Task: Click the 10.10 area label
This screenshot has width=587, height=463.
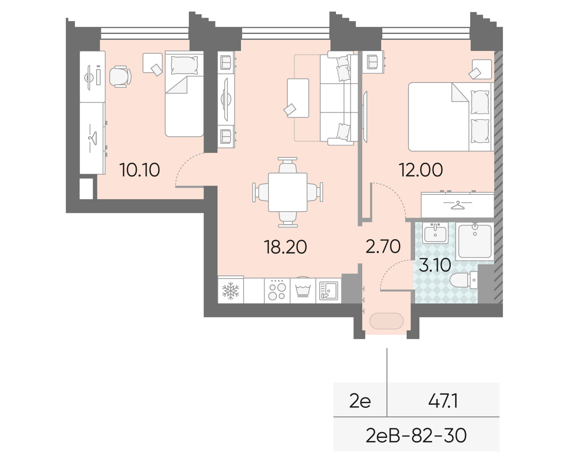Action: tap(140, 170)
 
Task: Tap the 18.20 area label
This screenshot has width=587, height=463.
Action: tap(285, 247)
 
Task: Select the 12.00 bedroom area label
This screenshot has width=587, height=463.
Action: tap(421, 170)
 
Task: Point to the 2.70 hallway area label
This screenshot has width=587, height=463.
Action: tap(383, 246)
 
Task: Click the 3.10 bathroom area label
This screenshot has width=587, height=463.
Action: tap(435, 265)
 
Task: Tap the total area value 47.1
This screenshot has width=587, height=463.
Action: tap(443, 401)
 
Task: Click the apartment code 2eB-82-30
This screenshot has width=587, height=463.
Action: tap(416, 436)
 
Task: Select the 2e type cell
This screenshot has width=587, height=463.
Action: tap(360, 401)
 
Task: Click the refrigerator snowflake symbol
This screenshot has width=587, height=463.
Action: tap(231, 291)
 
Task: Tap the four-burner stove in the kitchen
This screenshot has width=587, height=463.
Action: tap(277, 291)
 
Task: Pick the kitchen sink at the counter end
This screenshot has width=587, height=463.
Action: tap(328, 291)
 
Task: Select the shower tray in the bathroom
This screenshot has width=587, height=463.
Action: tap(475, 241)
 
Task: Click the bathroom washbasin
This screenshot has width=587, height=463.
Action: tap(435, 233)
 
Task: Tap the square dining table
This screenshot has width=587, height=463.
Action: tap(287, 193)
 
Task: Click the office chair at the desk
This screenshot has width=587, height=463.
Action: tap(120, 76)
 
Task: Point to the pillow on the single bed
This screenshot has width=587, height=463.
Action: tap(184, 65)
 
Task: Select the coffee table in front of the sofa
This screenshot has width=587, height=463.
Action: tap(298, 98)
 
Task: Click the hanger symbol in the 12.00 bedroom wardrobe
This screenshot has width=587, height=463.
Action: tap(458, 205)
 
